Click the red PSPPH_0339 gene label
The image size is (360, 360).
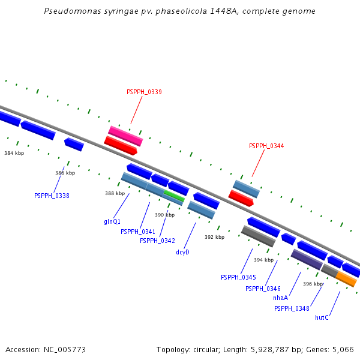pyautogui.click(x=144, y=92)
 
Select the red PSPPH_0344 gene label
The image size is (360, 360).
pyautogui.click(x=266, y=146)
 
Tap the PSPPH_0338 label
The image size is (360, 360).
pyautogui.click(x=52, y=196)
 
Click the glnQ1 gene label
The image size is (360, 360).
pyautogui.click(x=112, y=221)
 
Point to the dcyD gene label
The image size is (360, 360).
pyautogui.click(x=182, y=252)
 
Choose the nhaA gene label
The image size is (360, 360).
pyautogui.click(x=280, y=298)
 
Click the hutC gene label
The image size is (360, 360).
pyautogui.click(x=322, y=317)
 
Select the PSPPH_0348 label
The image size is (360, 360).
pyautogui.click(x=292, y=308)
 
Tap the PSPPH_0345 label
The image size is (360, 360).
pyautogui.click(x=238, y=277)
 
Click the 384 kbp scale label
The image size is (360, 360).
pyautogui.click(x=14, y=153)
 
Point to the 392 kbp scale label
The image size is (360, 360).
pyautogui.click(x=214, y=237)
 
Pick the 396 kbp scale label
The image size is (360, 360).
pyautogui.click(x=313, y=284)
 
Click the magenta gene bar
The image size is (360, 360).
pyautogui.click(x=125, y=136)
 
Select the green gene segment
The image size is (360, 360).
pyautogui.click(x=174, y=196)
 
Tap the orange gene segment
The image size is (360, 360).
pyautogui.click(x=346, y=279)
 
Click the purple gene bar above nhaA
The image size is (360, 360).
pyautogui.click(x=307, y=259)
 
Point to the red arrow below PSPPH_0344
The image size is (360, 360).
pyautogui.click(x=241, y=198)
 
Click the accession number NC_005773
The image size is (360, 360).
pyautogui.click(x=65, y=350)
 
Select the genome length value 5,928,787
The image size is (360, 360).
pyautogui.click(x=270, y=350)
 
